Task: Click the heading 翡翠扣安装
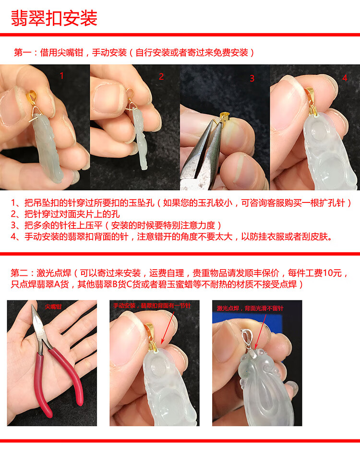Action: click(x=54, y=18)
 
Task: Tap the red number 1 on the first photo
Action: click(x=61, y=75)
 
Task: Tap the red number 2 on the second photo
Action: click(x=161, y=77)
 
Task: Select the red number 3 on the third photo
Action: click(x=252, y=78)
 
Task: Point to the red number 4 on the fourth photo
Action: click(x=345, y=78)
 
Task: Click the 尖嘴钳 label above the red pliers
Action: click(x=53, y=307)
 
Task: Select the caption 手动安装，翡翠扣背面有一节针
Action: click(x=152, y=306)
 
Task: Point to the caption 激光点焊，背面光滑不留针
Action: click(x=250, y=308)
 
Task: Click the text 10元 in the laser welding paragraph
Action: click(x=333, y=272)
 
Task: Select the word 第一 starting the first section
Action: click(x=23, y=52)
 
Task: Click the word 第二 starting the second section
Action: click(x=20, y=272)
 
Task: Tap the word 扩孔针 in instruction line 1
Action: click(x=332, y=203)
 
